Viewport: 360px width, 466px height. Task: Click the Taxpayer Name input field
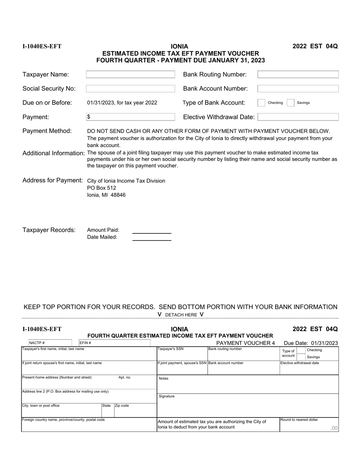(130, 75)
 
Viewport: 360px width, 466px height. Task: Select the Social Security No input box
(130, 89)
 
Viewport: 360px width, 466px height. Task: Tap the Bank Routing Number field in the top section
(298, 75)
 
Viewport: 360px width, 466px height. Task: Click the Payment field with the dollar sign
(130, 117)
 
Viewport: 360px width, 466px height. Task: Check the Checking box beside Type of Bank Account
(261, 103)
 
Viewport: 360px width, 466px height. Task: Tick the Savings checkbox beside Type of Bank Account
(291, 103)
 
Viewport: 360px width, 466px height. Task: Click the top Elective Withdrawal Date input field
(298, 117)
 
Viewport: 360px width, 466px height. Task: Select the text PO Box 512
(102, 188)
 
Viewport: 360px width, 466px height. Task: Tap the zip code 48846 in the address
(118, 195)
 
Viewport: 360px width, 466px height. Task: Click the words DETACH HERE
(181, 315)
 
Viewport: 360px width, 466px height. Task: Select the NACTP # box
(50, 343)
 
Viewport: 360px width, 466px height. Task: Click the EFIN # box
(114, 343)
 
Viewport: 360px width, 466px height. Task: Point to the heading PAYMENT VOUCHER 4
(245, 343)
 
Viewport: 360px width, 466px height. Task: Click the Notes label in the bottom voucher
(163, 378)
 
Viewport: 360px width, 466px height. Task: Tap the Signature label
(167, 396)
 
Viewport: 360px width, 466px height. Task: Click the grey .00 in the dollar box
(333, 428)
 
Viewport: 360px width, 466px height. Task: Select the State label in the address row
(106, 405)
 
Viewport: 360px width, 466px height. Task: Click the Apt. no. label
(125, 377)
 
